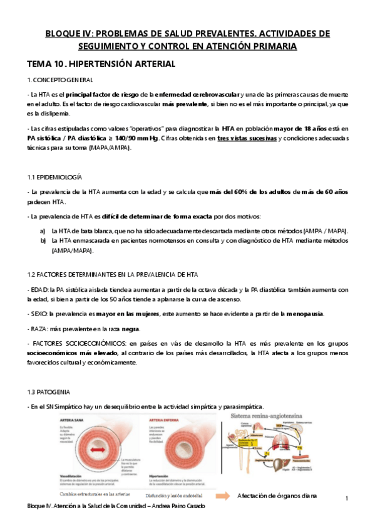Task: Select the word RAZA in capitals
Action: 40,329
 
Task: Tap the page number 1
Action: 346,497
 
